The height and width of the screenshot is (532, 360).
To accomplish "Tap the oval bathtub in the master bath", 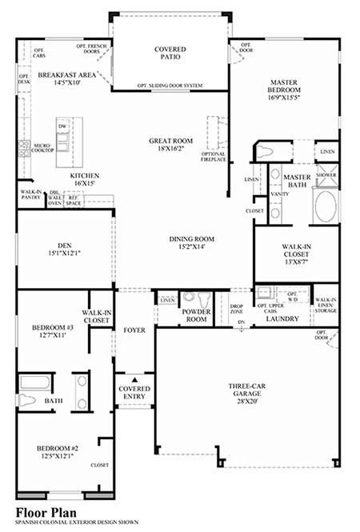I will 326,206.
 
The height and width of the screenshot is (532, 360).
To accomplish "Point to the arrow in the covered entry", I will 134,380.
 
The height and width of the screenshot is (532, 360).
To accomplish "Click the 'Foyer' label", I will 133,328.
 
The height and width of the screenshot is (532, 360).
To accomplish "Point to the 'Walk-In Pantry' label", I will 30,195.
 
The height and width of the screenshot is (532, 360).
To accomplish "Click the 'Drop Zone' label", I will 237,308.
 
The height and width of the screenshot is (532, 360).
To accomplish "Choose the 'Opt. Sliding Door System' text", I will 169,85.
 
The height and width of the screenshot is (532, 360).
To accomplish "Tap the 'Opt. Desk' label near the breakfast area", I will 24,80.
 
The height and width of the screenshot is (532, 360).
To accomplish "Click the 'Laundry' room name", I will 282,318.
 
